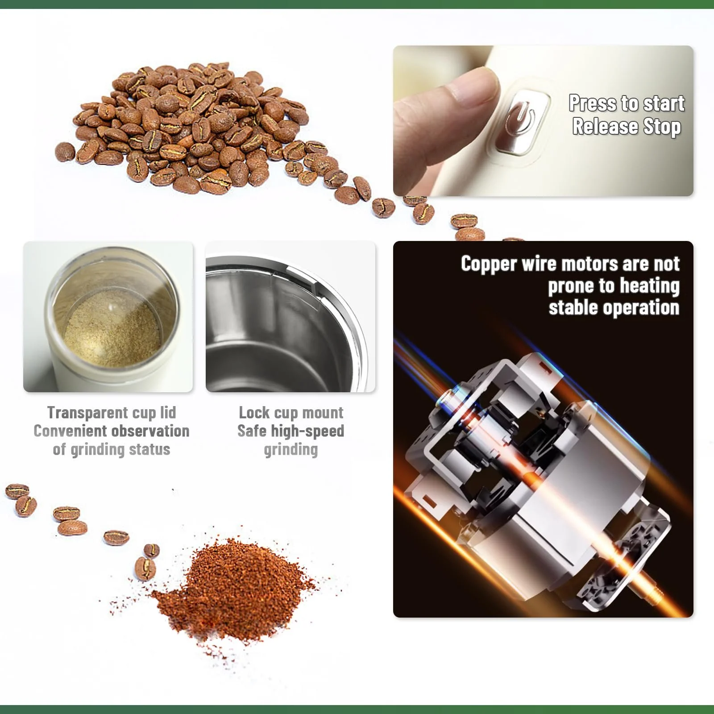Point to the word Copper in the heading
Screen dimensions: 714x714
(489, 264)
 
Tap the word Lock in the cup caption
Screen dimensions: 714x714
(254, 412)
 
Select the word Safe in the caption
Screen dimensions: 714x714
(252, 431)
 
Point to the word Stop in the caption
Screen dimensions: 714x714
(662, 127)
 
